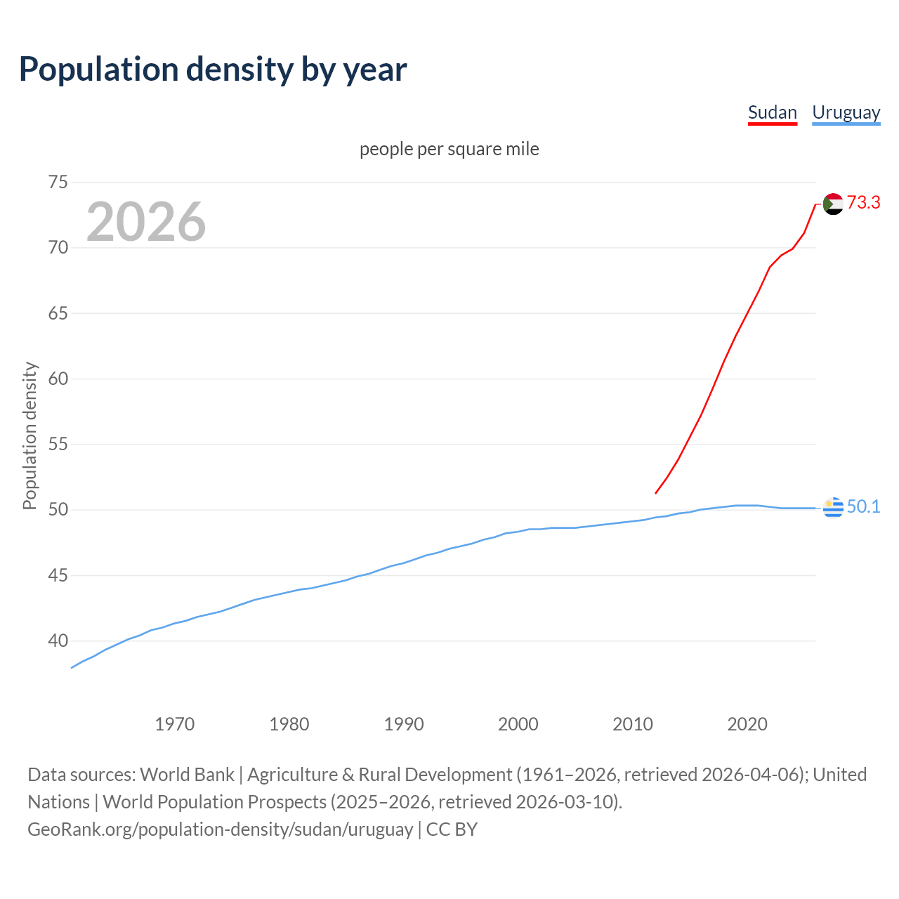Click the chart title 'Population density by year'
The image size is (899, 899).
(x=213, y=70)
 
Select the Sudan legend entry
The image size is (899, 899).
(x=772, y=112)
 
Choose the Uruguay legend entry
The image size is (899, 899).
(x=846, y=112)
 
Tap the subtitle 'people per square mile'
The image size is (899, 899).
(x=449, y=149)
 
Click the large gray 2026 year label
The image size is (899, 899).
(x=146, y=222)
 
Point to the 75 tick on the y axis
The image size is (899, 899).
(x=58, y=182)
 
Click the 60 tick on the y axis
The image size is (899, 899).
(x=58, y=379)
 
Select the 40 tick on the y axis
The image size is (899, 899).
(x=58, y=641)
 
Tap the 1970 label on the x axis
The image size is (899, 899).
(x=175, y=724)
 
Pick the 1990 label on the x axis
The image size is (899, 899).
(x=404, y=724)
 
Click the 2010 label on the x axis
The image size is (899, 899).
(x=633, y=724)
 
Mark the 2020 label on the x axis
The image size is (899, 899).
(x=747, y=724)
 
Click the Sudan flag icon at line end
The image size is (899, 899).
(x=833, y=204)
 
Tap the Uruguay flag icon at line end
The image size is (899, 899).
(x=833, y=507)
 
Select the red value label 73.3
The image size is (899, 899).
(x=863, y=202)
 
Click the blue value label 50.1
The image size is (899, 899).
(x=863, y=507)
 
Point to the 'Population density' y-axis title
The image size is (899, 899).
(x=29, y=435)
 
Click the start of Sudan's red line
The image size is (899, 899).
(x=656, y=492)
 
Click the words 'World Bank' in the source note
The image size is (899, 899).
(x=187, y=775)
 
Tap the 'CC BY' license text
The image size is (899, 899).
(x=452, y=829)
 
